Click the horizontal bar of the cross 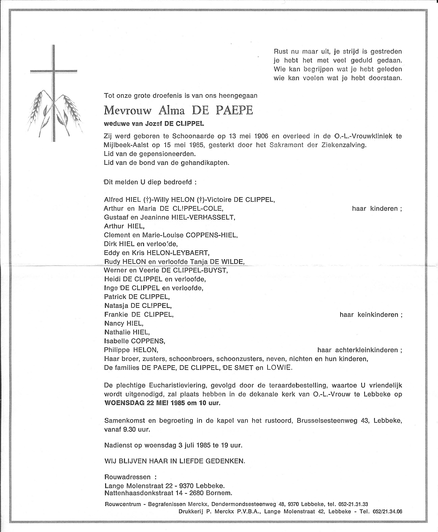pos(53,71)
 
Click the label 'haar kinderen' pos(377,209)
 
